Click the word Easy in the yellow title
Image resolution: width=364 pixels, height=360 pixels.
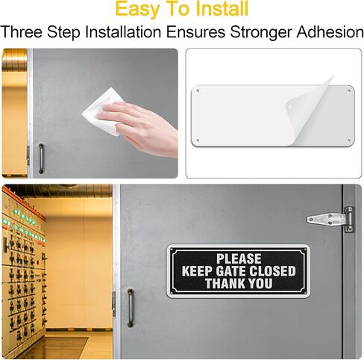pos(137,9)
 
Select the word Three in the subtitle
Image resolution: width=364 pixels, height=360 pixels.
pos(22,32)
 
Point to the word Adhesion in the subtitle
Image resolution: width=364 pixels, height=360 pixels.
pos(330,32)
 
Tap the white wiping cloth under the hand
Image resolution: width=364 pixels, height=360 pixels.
pos(102,111)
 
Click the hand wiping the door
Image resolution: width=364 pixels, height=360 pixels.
pos(139,128)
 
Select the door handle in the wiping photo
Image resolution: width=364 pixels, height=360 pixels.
pos(41,158)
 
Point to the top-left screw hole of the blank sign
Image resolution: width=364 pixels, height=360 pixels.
pos(198,91)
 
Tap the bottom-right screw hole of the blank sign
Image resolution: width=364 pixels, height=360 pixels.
pos(348,140)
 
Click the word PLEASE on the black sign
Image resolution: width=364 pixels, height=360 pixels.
pos(239,258)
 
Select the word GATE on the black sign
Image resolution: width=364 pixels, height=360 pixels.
pos(231,271)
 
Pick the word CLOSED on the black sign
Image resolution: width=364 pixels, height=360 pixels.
pos(272,271)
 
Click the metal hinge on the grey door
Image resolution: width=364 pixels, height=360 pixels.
pos(330,220)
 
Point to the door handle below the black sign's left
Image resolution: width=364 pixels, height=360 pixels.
pos(131,308)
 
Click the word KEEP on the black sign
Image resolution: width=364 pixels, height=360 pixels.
pos(198,271)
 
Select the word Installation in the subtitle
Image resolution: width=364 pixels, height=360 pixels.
pos(123,32)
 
